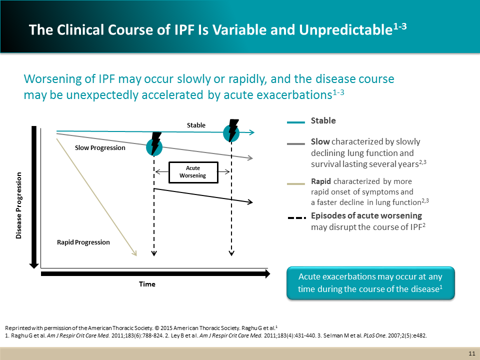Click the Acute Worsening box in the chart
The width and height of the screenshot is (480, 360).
193,172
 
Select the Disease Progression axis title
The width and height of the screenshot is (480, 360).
19,205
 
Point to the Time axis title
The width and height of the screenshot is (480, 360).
147,284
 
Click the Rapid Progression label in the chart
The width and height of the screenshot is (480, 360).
83,242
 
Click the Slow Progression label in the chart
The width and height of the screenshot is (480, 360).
100,147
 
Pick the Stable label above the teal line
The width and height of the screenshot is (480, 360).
196,125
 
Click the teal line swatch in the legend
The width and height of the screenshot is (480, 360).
296,121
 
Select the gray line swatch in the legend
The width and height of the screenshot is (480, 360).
296,144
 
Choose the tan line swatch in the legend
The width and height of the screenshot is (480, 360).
296,183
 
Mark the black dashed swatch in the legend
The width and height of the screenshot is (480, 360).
296,218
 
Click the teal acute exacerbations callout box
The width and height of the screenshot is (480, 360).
370,283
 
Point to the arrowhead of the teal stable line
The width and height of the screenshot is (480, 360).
252,132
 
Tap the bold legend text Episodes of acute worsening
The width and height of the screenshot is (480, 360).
366,215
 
